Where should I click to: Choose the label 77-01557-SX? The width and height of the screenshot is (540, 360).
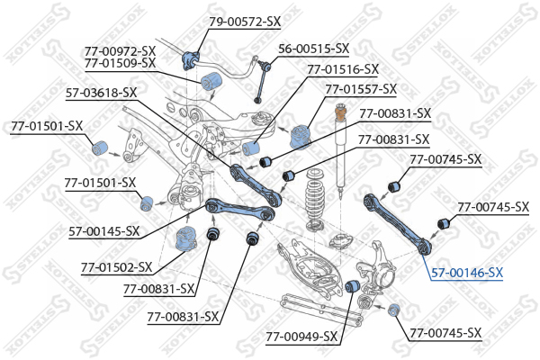[361, 89]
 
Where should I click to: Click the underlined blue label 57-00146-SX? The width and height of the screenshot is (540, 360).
[467, 272]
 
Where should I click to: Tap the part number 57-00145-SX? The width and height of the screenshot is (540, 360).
[104, 231]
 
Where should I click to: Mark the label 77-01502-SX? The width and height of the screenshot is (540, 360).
[117, 267]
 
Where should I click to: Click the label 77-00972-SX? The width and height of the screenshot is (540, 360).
[120, 50]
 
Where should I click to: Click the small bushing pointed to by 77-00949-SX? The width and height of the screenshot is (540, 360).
[354, 286]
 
